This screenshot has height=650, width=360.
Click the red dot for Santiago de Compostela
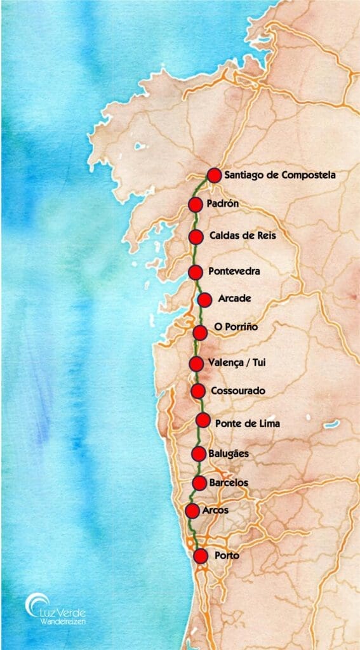(214, 175)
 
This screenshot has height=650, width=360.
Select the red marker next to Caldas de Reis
(196, 236)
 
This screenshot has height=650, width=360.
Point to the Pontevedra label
(234, 272)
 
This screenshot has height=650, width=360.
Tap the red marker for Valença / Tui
(196, 364)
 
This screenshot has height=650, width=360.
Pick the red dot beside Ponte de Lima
(203, 420)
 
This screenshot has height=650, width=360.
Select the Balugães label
(228, 453)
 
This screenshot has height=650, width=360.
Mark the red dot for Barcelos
(199, 483)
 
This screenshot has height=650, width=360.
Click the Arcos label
(216, 510)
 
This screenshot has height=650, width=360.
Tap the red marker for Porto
(201, 556)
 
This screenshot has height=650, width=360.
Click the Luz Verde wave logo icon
(36, 604)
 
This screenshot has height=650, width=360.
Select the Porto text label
(227, 556)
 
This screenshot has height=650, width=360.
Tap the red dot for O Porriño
(200, 332)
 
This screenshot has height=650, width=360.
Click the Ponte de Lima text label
(247, 423)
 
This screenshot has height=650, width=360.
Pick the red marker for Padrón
(196, 204)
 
